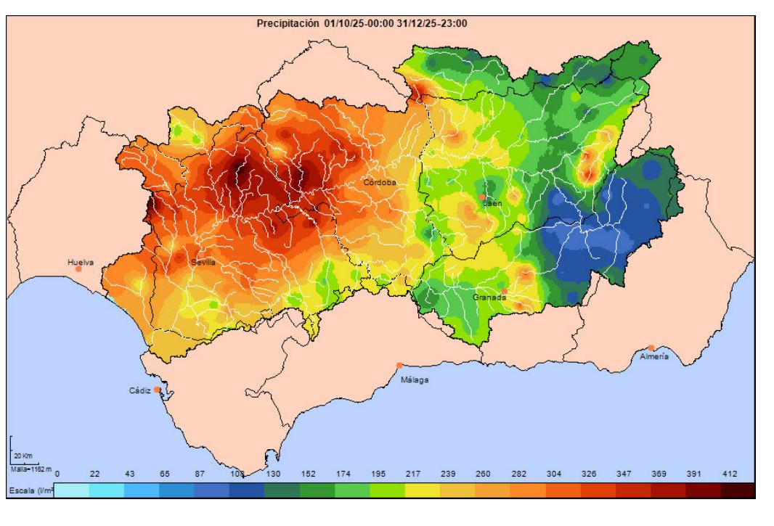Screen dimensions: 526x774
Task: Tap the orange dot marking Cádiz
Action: point(157,390)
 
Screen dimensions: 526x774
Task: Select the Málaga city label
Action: point(415,379)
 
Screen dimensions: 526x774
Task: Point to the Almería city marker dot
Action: point(651,348)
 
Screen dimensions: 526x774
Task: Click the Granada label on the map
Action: point(489,297)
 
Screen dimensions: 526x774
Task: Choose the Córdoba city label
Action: point(380,183)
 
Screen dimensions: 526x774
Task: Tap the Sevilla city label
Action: point(203,262)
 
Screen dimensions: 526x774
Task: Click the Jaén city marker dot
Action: point(482,197)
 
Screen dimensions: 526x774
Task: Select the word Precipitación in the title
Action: point(288,23)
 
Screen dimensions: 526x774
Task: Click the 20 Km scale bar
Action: point(21,455)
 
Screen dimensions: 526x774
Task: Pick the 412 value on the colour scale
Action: point(729,474)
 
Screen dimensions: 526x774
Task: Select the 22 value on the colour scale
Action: point(94,474)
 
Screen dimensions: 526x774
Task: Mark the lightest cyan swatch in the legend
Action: point(72,491)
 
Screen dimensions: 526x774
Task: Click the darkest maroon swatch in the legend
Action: point(739,491)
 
